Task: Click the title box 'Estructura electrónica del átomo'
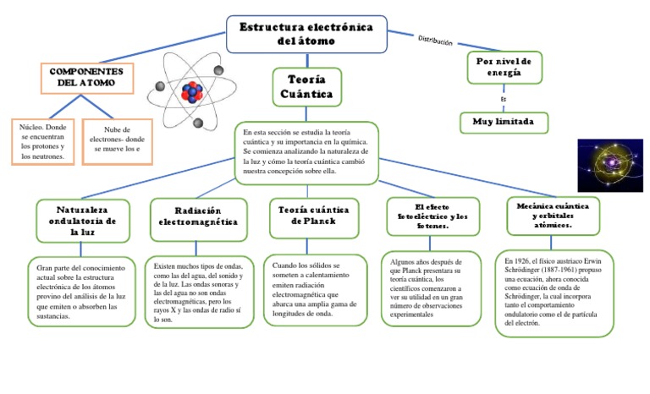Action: tap(306, 34)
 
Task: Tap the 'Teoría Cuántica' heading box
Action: tap(306, 86)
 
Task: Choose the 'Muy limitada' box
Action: tap(503, 122)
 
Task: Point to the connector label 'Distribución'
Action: tap(436, 41)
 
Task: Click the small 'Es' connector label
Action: tap(504, 99)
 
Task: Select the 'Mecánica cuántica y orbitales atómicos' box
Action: tap(552, 215)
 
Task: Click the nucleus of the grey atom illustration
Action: tap(191, 91)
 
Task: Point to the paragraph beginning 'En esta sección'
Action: tap(306, 151)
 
